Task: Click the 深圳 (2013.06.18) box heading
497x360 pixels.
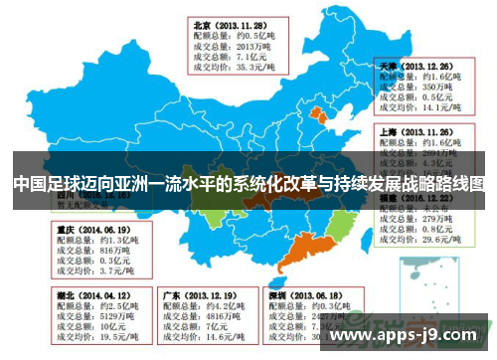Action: tap(305, 295)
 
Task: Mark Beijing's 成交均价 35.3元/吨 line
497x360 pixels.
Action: tap(234, 68)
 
